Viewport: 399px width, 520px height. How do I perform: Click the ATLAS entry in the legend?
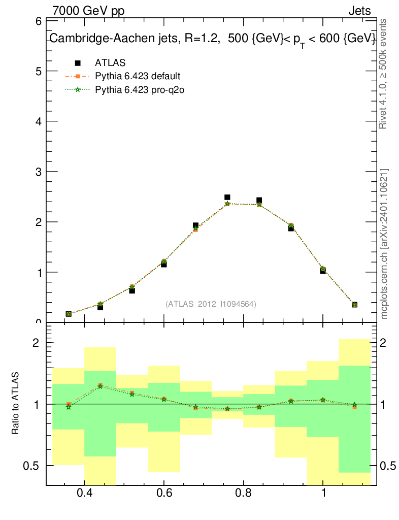110,63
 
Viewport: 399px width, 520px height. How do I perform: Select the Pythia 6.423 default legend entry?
137,76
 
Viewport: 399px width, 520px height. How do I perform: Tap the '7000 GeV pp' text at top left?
88,11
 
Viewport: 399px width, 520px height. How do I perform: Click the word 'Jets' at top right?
359,11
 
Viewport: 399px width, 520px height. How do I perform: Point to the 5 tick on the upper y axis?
38,71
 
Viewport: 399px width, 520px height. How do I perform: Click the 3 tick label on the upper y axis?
38,172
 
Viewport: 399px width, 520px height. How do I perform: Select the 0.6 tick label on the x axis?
163,493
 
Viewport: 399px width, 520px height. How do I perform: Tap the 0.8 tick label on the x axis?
244,493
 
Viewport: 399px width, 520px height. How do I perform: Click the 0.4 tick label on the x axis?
84,493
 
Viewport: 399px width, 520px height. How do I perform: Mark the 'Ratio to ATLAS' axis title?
15,404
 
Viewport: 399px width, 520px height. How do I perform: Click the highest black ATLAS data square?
227,197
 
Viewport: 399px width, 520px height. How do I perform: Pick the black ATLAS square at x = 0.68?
195,225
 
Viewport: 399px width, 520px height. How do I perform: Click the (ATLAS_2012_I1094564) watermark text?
211,304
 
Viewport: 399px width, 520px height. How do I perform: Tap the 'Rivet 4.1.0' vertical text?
383,74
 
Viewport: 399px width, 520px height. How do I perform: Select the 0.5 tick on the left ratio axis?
35,466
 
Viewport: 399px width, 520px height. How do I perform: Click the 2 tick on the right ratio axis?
384,343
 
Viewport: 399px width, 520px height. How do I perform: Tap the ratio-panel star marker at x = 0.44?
101,386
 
